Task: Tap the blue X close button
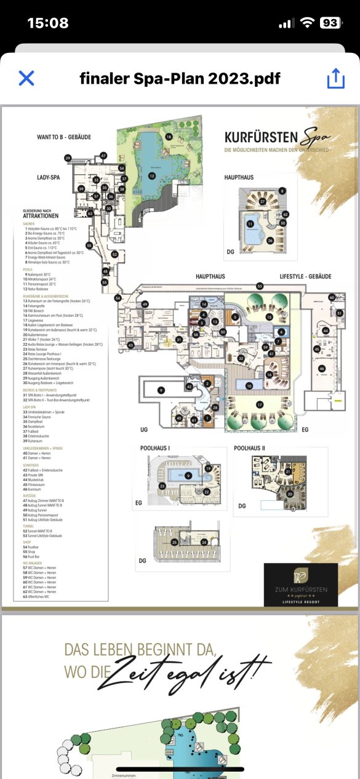point(26,78)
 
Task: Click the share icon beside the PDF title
point(335,78)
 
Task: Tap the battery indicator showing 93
point(330,23)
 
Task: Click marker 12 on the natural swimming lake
point(151,176)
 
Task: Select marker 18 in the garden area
point(168,137)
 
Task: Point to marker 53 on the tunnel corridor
point(260,286)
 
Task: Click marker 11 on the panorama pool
point(250,224)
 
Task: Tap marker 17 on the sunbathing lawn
point(260,404)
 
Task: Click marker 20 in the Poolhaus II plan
point(290,493)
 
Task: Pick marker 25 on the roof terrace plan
point(174,541)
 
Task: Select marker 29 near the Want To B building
point(68,158)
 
